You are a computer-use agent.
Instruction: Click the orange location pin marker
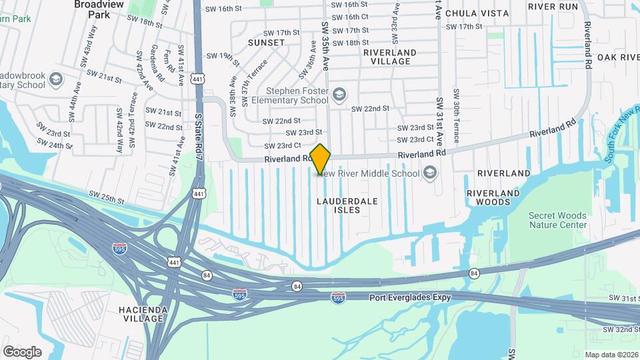(x=321, y=159)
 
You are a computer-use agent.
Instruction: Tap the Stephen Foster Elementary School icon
(x=340, y=94)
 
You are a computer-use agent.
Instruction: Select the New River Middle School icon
(x=431, y=174)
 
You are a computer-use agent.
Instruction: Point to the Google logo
(x=22, y=352)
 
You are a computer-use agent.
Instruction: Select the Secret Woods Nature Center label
(x=557, y=220)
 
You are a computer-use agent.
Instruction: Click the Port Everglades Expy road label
(x=410, y=297)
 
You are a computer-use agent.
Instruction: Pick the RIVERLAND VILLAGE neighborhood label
(x=391, y=57)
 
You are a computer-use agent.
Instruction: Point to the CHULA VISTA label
(x=477, y=13)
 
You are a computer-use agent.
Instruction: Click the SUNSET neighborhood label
(x=267, y=43)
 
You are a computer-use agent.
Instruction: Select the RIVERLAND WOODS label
(x=493, y=197)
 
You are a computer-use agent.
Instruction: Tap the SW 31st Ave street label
(x=440, y=120)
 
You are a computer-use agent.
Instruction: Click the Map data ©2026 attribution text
(x=611, y=355)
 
